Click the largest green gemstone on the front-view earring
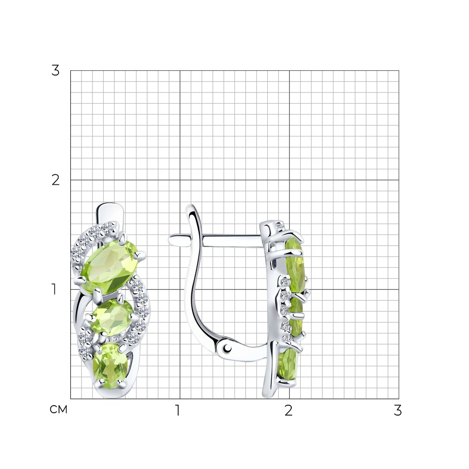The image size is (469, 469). (x=109, y=267)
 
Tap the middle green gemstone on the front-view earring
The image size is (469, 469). (x=112, y=317)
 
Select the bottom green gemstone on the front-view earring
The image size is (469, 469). (x=110, y=365)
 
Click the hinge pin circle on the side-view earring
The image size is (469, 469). (x=228, y=348)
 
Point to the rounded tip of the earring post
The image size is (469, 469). (x=171, y=240)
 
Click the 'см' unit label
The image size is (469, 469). (x=58, y=409)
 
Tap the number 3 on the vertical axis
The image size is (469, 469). (x=55, y=71)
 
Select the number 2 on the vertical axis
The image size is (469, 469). (x=55, y=180)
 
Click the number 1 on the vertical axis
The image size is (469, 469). (x=54, y=289)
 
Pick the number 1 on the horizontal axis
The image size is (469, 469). (x=178, y=410)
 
